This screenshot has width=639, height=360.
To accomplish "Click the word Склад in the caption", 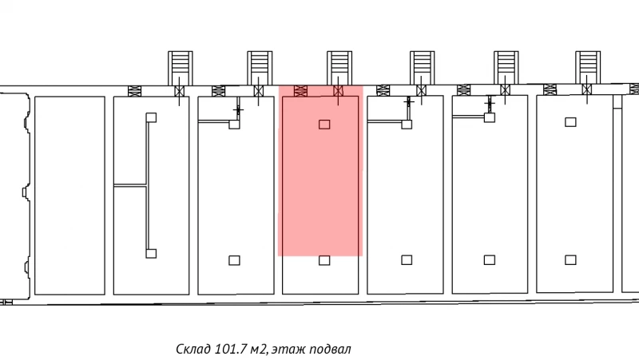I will [193, 350].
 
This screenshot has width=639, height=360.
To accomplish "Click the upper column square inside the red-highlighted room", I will [324, 124].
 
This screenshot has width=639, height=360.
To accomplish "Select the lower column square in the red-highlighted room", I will [324, 260].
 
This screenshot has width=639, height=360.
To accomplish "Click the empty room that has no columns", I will [70, 195].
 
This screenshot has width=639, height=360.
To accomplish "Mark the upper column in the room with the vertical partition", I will [150, 117].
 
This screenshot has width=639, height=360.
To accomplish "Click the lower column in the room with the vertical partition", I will [150, 253].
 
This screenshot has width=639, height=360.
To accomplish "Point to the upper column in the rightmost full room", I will [570, 121].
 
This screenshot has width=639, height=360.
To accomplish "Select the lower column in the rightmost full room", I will [570, 259].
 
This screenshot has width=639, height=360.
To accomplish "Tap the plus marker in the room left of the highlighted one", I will [237, 109].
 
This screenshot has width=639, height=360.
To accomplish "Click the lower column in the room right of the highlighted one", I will [407, 259].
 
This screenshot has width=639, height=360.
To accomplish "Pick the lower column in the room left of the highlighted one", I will [234, 259].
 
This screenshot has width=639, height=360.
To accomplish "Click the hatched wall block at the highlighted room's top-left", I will [301, 90].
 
